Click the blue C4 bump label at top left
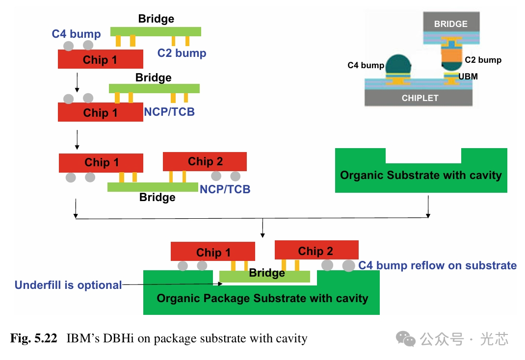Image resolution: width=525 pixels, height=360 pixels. point(76,34)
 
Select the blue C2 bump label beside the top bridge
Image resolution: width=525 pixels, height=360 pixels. point(182,53)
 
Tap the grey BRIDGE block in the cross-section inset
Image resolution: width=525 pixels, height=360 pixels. point(450,23)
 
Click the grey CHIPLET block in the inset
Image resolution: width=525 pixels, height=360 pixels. point(420,98)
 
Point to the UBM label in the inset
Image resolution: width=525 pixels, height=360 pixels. point(468,77)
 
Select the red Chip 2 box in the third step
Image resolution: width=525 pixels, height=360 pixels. point(205,161)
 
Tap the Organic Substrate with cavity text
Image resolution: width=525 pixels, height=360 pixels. point(420,175)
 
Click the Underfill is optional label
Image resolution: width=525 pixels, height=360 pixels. point(68,285)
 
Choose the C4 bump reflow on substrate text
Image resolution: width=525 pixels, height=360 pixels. point(437,265)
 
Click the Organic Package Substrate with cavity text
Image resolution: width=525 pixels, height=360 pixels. point(262,298)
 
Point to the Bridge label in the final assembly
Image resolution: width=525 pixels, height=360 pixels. point(266,273)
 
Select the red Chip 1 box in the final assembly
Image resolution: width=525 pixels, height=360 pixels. point(212,252)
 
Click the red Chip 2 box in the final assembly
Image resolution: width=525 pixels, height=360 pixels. point(316,250)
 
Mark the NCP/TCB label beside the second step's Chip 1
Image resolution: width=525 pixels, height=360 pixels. point(169,112)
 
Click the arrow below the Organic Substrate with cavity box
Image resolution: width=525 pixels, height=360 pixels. point(428,206)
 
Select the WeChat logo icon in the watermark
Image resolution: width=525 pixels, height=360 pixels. point(406,338)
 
